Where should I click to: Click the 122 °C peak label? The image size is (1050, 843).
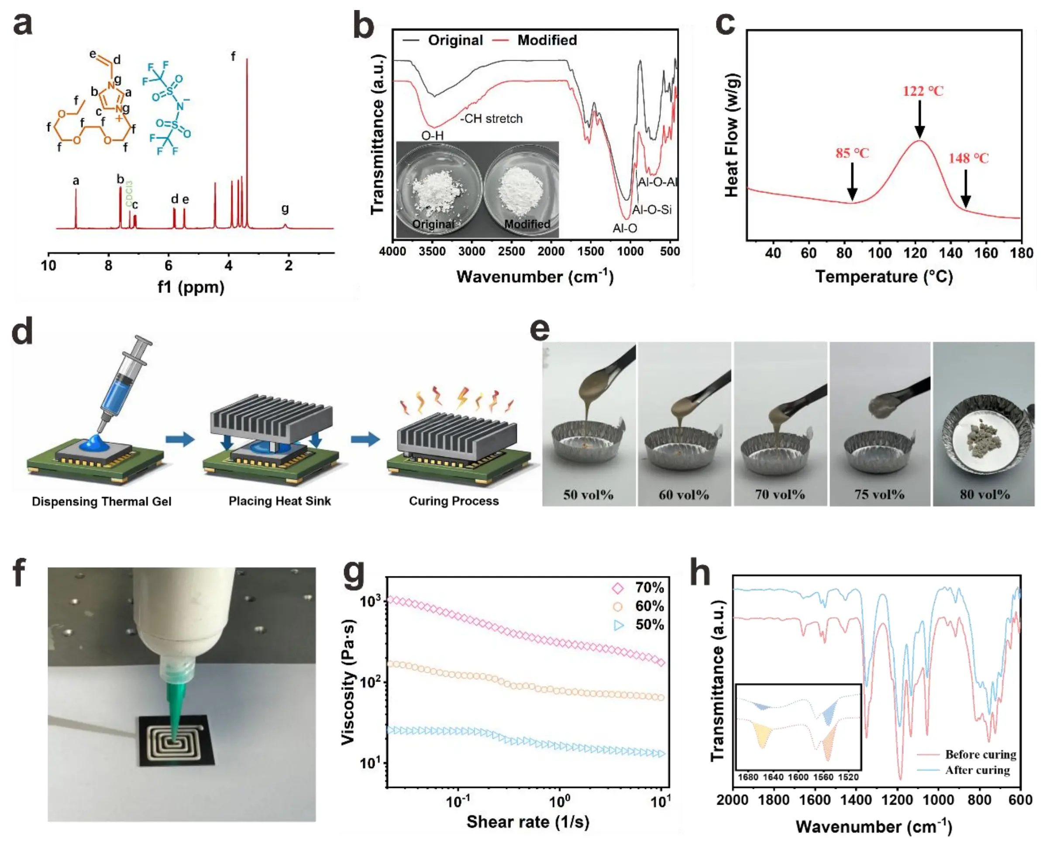pos(923,91)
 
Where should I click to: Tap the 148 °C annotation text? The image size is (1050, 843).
pos(968,158)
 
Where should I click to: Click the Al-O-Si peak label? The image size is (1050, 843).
pos(652,210)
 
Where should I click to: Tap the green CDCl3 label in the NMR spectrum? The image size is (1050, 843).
pos(129,193)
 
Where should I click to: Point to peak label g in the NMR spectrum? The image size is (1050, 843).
pos(285,208)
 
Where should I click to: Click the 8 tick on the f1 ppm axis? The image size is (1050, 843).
pos(109,266)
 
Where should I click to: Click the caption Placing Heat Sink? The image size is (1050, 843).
pos(279,501)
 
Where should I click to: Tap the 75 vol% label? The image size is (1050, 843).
pos(879,494)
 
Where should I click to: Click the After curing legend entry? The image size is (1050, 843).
pos(977,770)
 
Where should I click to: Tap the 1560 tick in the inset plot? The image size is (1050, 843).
pos(823,777)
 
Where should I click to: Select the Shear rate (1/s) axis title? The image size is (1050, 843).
pos(527,822)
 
